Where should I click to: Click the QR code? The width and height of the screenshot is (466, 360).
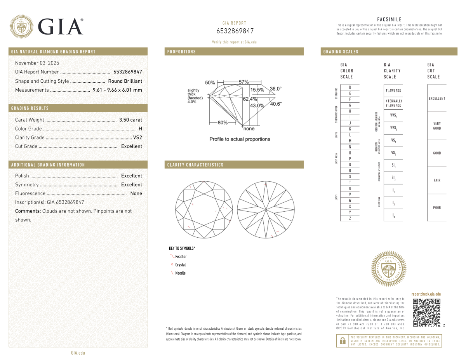[426, 312]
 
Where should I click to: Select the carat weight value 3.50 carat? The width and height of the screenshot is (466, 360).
[130, 120]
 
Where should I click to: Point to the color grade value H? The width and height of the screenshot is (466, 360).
[140, 129]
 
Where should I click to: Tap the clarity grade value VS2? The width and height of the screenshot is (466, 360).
[137, 137]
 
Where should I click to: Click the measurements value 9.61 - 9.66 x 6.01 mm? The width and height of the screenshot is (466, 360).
[117, 90]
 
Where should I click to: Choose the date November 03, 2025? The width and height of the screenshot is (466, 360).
[37, 63]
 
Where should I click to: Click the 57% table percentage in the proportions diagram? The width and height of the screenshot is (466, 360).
[243, 82]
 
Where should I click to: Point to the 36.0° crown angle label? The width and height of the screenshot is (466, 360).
[275, 89]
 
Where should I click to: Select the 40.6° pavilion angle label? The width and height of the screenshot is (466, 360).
[276, 104]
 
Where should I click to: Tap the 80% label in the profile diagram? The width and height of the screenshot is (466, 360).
[222, 123]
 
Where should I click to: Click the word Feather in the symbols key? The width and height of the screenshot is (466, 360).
[181, 257]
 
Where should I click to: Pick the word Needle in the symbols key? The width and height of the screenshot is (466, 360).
[180, 273]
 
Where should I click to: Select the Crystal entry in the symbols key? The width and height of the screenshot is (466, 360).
[181, 265]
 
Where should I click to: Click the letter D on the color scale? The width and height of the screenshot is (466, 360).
[350, 87]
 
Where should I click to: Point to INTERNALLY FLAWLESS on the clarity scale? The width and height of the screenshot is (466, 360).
[393, 103]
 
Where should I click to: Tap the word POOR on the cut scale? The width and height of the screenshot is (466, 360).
[437, 208]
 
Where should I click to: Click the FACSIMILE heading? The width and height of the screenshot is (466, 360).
[389, 19]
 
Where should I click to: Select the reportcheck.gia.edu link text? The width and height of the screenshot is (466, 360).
[426, 294]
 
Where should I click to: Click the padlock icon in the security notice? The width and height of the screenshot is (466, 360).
[343, 341]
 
